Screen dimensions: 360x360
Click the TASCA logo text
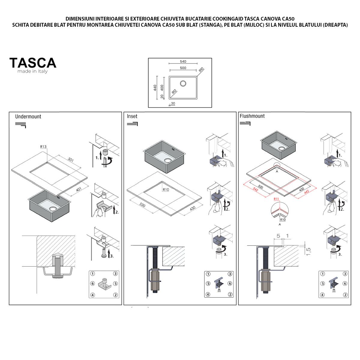click(x=33, y=63)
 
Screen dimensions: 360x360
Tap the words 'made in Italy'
click(x=32, y=71)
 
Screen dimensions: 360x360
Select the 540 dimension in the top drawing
click(x=183, y=61)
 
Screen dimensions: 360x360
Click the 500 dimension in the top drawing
click(x=183, y=68)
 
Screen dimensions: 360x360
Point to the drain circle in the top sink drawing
click(x=183, y=83)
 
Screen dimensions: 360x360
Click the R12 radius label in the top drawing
click(x=174, y=92)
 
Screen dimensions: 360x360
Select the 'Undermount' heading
click(x=28, y=117)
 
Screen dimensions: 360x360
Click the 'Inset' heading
click(x=132, y=116)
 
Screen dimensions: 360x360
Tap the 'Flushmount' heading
click(x=252, y=116)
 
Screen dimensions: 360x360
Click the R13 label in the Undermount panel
click(x=43, y=147)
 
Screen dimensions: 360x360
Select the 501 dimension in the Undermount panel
click(x=71, y=160)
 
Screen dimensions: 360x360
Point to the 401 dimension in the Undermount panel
click(x=79, y=190)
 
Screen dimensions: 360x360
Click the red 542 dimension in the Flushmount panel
click(x=256, y=190)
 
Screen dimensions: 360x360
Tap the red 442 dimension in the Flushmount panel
click(x=307, y=192)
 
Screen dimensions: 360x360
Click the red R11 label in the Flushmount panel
click(x=276, y=199)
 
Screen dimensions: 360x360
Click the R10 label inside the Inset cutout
click(x=166, y=190)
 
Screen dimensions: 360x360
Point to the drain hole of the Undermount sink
click(x=53, y=208)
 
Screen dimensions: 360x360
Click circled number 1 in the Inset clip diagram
click(x=208, y=274)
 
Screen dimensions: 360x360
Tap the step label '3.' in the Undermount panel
click(x=112, y=256)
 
